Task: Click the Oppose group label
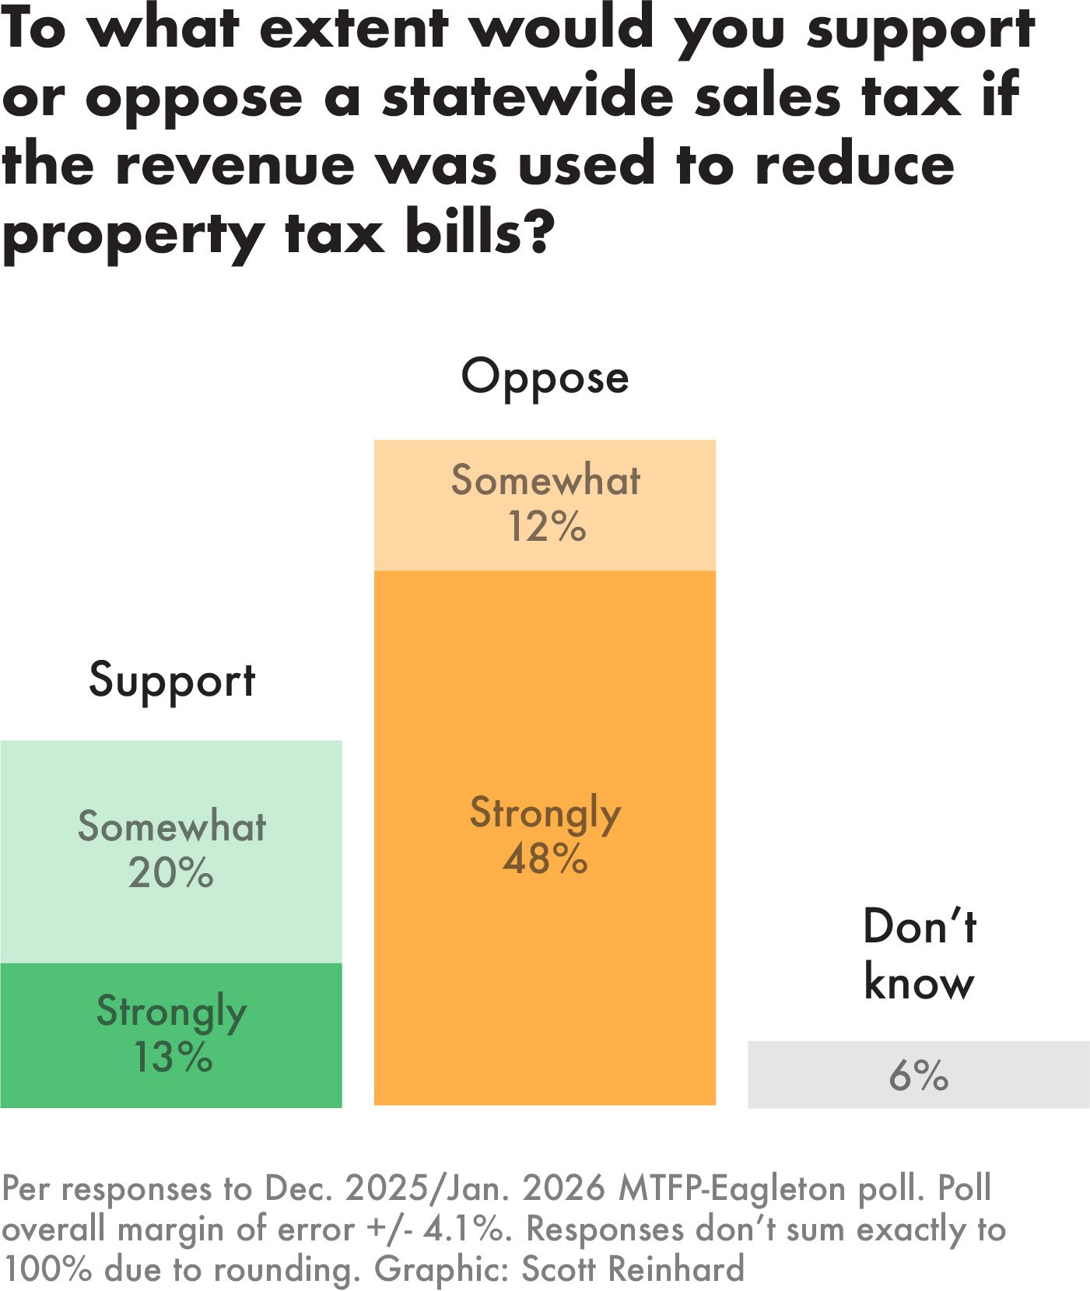click(x=545, y=378)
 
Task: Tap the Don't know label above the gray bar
click(x=919, y=954)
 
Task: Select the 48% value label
click(x=545, y=859)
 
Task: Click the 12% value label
click(x=546, y=527)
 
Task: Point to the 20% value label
click(x=171, y=873)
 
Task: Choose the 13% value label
click(x=172, y=1058)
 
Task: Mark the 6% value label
click(x=919, y=1075)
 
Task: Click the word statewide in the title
click(x=528, y=97)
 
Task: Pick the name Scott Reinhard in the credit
click(x=633, y=1269)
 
